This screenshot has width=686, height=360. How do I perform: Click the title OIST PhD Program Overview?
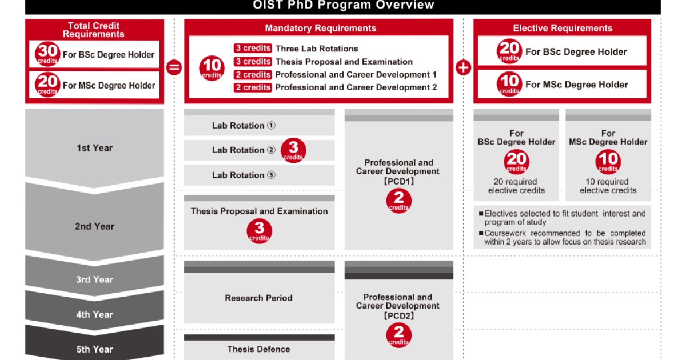(343, 6)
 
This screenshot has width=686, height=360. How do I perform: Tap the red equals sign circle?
(173, 67)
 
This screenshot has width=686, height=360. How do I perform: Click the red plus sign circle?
(463, 67)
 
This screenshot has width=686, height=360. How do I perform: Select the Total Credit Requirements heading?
(94, 30)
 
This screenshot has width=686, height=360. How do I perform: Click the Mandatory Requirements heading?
(320, 28)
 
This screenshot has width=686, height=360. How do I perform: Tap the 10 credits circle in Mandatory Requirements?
(212, 69)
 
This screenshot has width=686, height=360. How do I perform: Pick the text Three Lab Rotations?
(317, 49)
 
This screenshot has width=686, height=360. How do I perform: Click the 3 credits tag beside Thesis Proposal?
(252, 62)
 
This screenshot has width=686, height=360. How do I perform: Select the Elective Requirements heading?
(563, 28)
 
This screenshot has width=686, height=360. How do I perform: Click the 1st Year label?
(95, 148)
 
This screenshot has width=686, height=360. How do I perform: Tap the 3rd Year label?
(95, 279)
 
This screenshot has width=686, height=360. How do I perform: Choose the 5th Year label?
(95, 349)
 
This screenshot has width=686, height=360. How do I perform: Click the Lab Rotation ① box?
(244, 126)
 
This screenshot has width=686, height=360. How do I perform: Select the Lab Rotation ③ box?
(244, 175)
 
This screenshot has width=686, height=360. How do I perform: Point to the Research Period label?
(258, 298)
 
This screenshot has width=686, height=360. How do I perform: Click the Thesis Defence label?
(258, 349)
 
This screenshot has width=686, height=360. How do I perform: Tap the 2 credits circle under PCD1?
(398, 201)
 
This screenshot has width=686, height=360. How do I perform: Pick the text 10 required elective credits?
(608, 186)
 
